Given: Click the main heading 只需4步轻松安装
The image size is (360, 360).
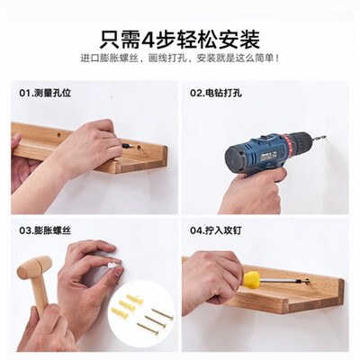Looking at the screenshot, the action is coord(180,39).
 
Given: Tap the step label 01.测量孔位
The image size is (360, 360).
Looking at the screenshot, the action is coord(45,93).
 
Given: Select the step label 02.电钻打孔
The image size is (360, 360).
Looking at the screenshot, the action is coord(216,93).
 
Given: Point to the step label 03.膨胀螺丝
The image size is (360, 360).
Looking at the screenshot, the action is coord(45,230).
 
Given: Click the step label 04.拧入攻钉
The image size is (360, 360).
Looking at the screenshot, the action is coord(216,230).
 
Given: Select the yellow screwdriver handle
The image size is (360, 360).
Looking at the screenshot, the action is coord(251,280).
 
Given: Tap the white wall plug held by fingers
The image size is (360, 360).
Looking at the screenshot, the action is coord(112,265).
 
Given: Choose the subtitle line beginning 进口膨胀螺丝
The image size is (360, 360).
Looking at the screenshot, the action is coord(180,58).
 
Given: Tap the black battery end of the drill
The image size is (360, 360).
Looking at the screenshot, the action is coord(235,160).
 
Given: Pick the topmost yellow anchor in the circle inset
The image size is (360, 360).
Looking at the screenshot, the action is coord(135,300).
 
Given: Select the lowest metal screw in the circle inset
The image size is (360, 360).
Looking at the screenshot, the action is coord(148,328).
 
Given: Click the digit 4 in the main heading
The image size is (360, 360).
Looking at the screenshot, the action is coord(148,40).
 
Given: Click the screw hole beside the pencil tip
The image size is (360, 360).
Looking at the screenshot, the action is coord(139,148).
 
